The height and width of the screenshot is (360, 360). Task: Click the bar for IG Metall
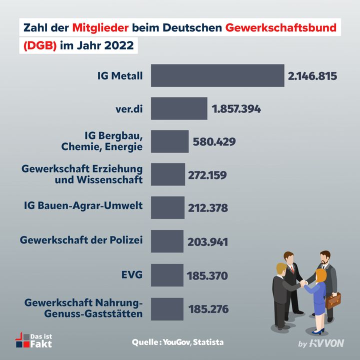(x=217, y=75)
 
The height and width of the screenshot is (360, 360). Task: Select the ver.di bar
(x=179, y=108)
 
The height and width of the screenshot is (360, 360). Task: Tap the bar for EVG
(x=167, y=275)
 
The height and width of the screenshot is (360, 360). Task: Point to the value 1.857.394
(x=236, y=108)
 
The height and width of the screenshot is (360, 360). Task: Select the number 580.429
(x=214, y=141)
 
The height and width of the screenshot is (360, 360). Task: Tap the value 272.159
(x=207, y=175)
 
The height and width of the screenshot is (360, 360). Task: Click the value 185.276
(x=208, y=309)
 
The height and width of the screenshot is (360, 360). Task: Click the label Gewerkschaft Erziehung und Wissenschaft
(x=82, y=173)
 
